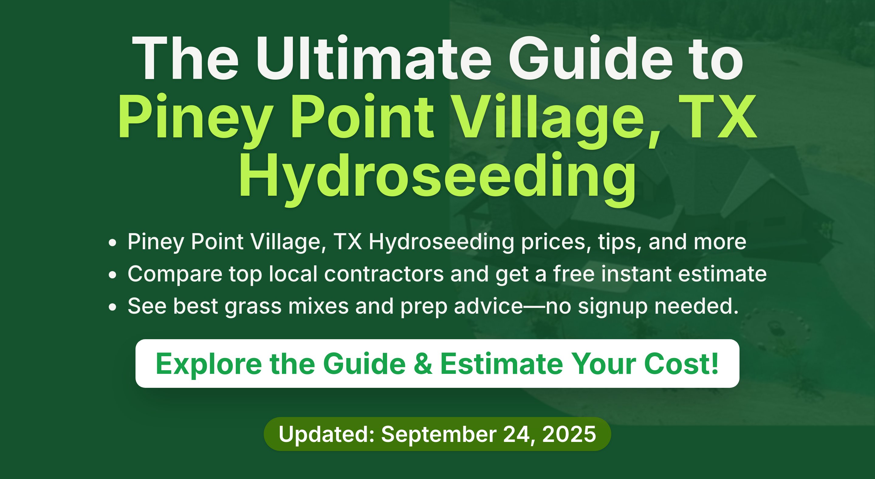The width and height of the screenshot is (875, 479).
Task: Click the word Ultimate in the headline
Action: (x=374, y=58)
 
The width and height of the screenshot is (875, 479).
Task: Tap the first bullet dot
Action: (x=112, y=243)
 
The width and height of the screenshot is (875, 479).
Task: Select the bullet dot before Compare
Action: (x=112, y=275)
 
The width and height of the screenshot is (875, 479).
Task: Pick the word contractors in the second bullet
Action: (x=384, y=274)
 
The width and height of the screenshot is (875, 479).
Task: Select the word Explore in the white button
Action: (x=209, y=364)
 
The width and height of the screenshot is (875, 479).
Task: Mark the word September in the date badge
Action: (x=439, y=434)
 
